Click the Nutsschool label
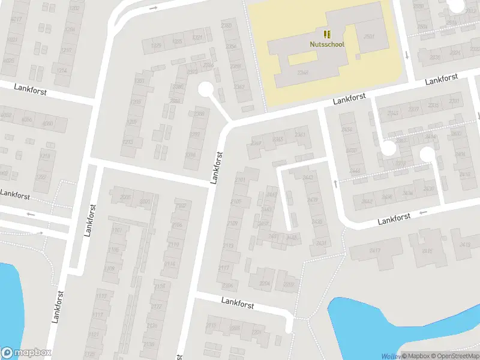coord(327,44)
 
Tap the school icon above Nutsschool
coord(327,34)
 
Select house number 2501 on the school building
coord(368,37)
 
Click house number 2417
coord(376,250)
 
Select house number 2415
coord(427,251)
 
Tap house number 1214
coord(61,70)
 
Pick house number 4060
coord(47,124)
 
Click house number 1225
coord(157,45)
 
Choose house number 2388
coord(199,113)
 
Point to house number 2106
coord(177,225)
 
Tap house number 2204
coord(265,283)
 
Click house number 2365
coord(278,139)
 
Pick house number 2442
coord(307,177)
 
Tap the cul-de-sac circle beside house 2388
coord(206,89)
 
